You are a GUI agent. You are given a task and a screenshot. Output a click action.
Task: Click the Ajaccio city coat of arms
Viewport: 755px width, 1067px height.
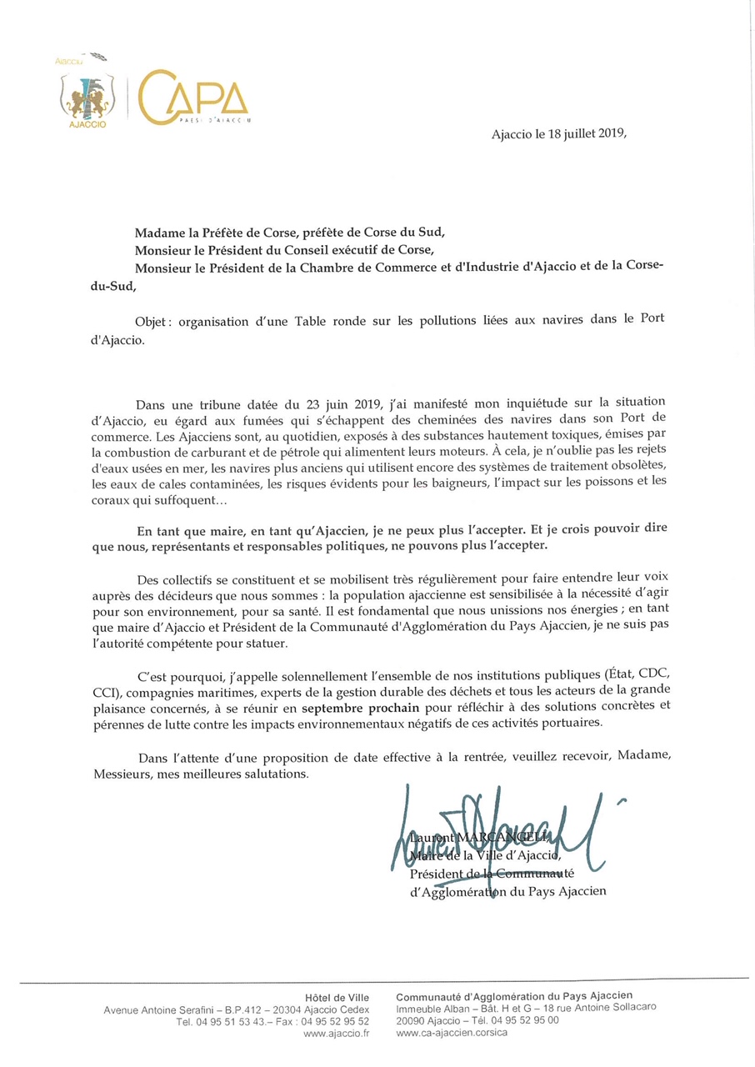(87, 97)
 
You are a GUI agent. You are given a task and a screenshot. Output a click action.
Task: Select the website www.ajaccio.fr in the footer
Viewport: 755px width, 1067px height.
(337, 1033)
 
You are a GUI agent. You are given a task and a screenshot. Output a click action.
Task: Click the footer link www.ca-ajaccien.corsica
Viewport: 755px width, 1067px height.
(452, 1033)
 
